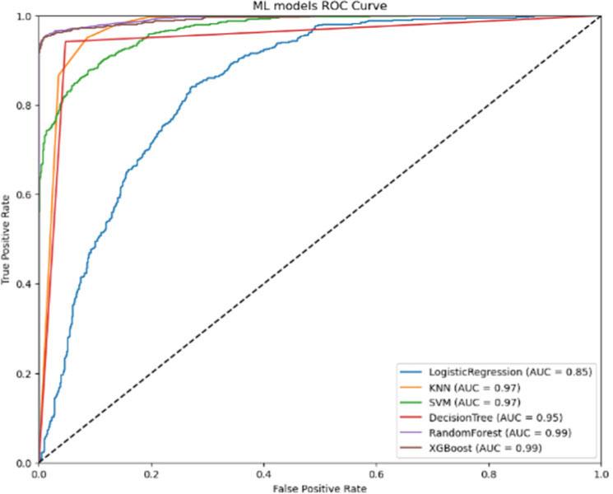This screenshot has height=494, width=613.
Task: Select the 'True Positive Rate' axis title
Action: (x=7, y=240)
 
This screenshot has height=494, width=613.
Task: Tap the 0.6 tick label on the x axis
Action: (x=376, y=474)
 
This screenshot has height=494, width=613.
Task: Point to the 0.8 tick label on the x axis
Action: (x=489, y=474)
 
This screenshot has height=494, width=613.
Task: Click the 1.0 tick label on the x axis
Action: (x=601, y=474)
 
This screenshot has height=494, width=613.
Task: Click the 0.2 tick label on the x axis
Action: (x=151, y=474)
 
